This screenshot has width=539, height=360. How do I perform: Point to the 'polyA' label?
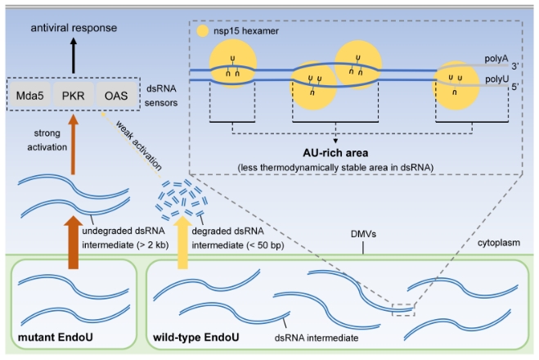click(x=492, y=61)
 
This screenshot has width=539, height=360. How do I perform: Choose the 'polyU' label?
click(x=492, y=80)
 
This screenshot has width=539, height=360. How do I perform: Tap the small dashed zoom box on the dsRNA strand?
click(x=403, y=308)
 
